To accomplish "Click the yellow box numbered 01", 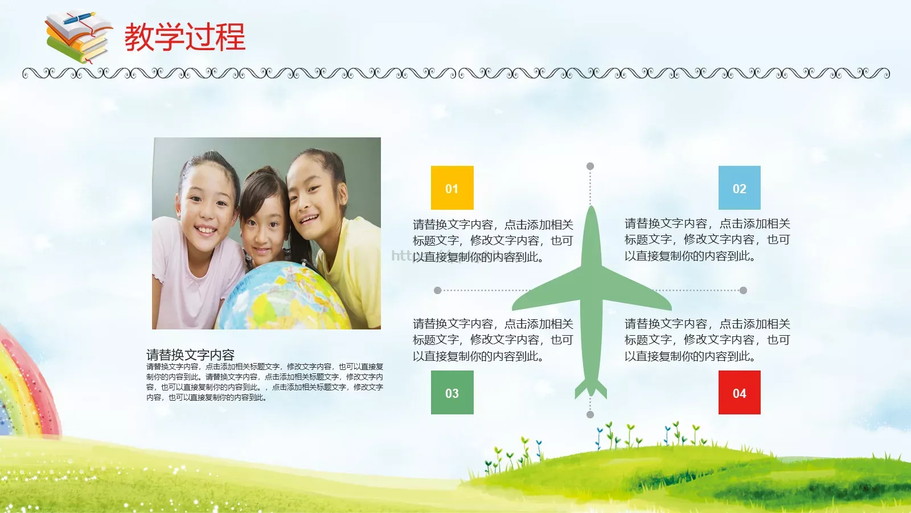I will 452,188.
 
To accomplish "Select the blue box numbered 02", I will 739,188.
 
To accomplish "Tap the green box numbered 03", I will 452,392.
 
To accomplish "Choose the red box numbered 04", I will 739,392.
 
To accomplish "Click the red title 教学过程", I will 185,37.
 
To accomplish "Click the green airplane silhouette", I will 592,296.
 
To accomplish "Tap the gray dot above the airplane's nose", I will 590,166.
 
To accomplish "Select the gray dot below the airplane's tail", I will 590,414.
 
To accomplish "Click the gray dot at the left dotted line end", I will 437,290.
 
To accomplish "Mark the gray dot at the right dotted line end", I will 743,290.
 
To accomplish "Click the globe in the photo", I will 285,299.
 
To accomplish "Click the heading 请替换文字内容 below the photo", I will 190,355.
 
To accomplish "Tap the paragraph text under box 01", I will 493,241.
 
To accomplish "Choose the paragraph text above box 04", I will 707,340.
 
